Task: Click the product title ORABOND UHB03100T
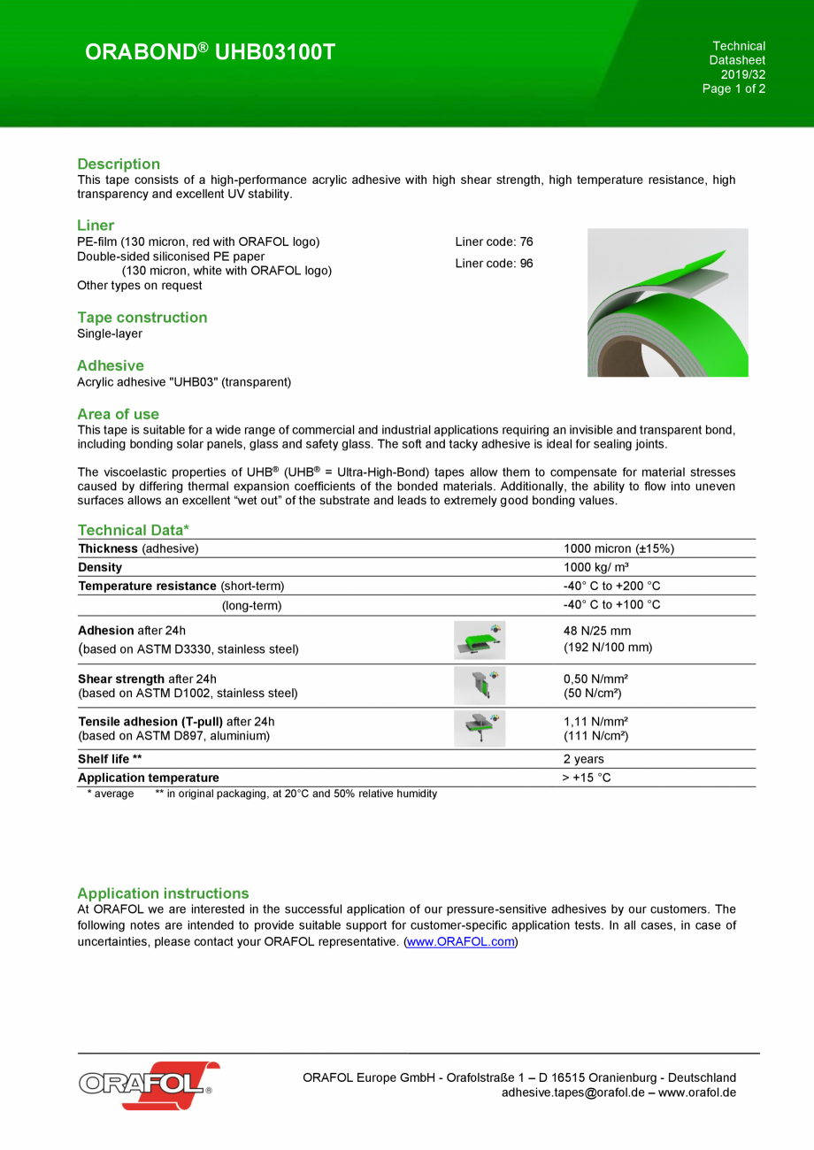211,53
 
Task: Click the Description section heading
119,164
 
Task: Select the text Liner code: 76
494,241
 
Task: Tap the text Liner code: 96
494,263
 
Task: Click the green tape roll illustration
667,303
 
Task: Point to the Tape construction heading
142,317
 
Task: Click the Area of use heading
118,413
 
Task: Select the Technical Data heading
133,530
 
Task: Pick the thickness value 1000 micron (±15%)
618,548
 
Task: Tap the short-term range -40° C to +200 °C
611,586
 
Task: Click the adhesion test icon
480,640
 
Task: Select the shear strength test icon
480,686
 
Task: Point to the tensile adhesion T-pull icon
480,728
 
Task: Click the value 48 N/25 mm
597,632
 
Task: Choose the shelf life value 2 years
584,759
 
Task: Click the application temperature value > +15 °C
587,778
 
